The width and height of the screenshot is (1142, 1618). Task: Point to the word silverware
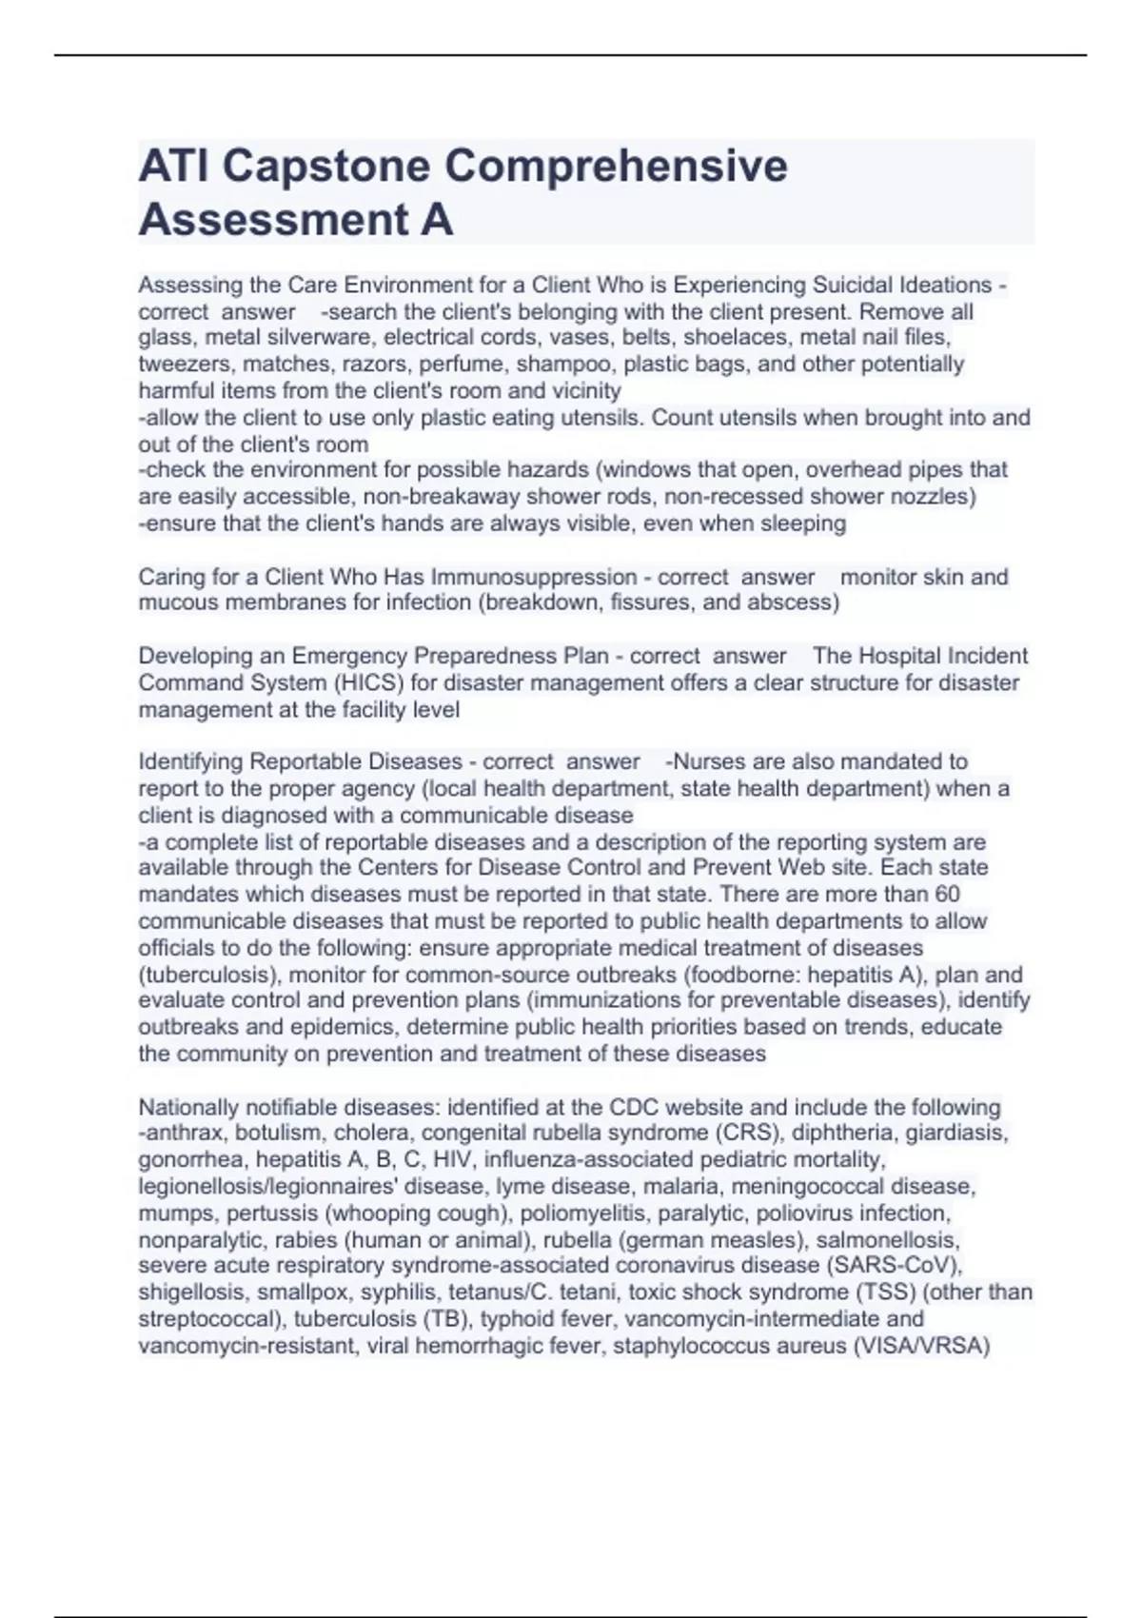[313, 337]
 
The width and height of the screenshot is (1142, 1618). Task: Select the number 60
[947, 894]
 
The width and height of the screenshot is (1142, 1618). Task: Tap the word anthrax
[187, 1134]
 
